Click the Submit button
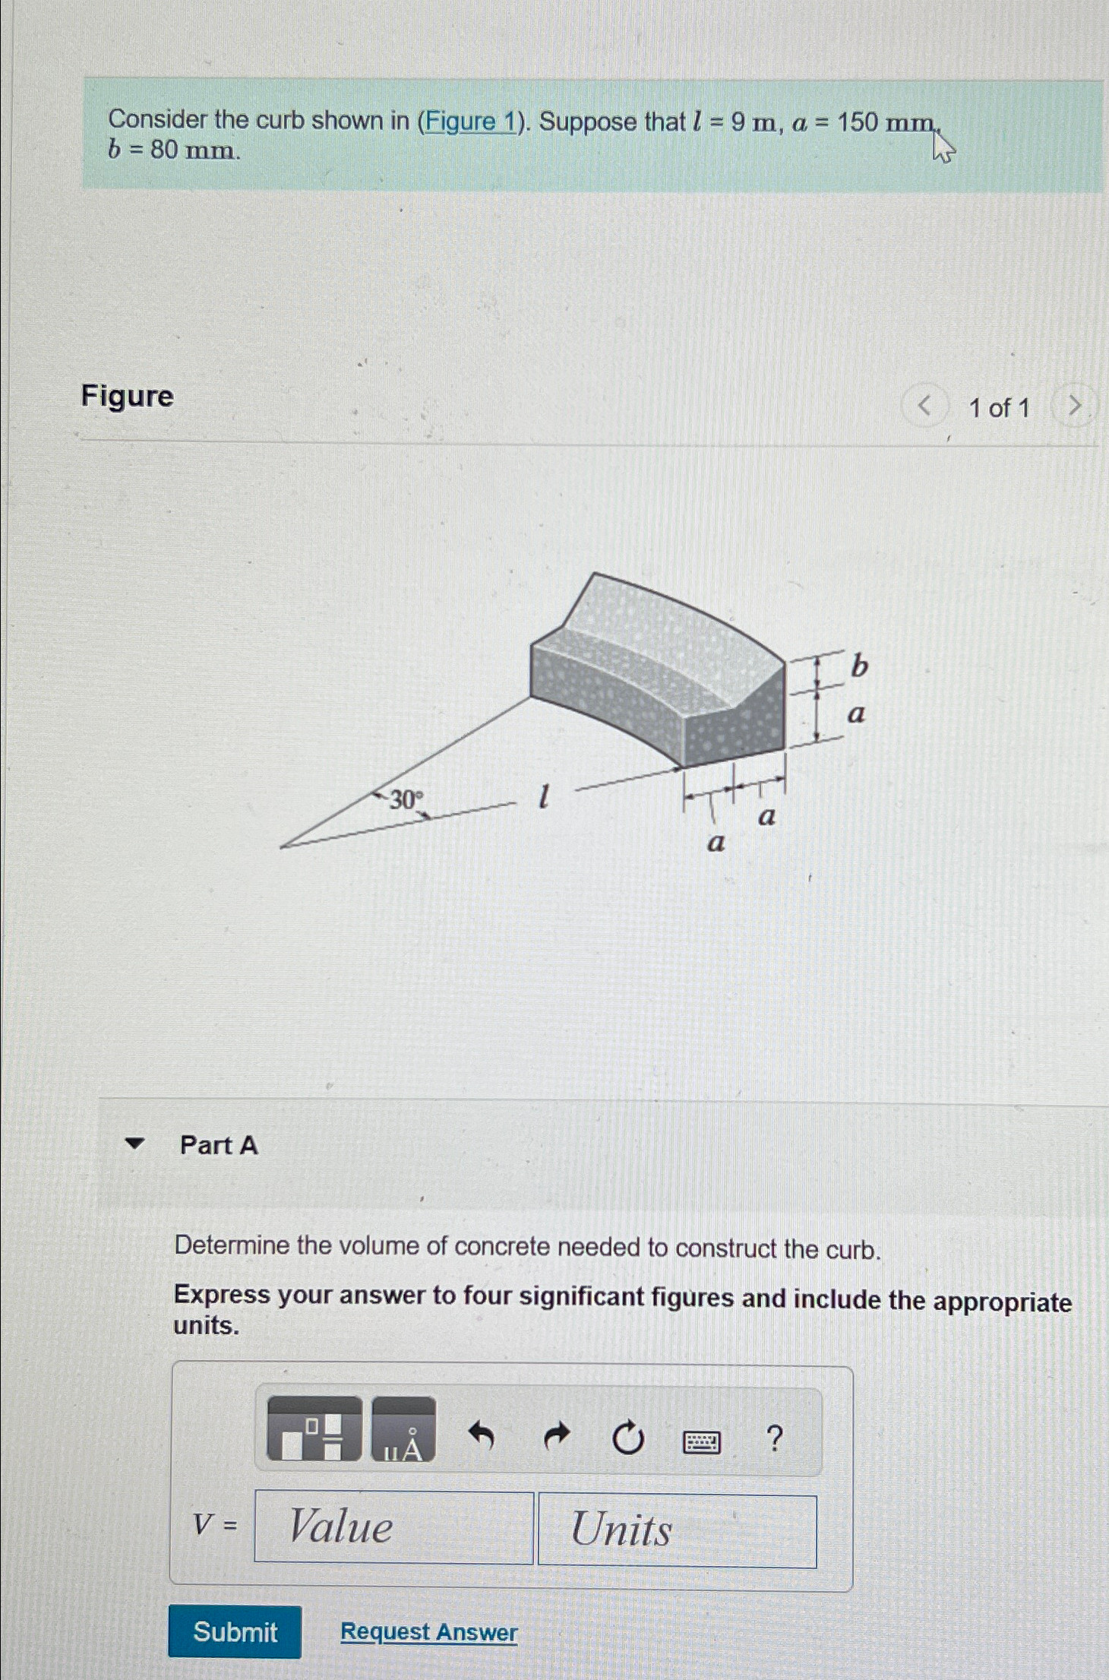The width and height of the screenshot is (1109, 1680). (235, 1631)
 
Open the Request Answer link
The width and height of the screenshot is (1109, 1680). (428, 1631)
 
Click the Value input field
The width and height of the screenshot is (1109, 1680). (393, 1527)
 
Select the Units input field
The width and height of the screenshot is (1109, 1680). (677, 1530)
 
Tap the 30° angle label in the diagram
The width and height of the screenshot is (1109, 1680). (406, 799)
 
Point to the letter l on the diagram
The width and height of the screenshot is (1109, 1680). (542, 797)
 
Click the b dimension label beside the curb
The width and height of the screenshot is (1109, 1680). (859, 666)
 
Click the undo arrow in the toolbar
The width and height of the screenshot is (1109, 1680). (482, 1435)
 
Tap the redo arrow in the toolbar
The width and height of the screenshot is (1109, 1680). (557, 1436)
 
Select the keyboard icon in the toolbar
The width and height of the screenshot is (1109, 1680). (702, 1441)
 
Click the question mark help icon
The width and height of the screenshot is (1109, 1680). (774, 1438)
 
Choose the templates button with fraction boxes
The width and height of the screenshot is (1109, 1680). (314, 1428)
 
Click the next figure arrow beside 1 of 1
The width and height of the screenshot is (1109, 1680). (1074, 407)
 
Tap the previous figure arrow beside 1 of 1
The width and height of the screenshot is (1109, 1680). (924, 407)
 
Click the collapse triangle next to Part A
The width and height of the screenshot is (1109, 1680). (134, 1144)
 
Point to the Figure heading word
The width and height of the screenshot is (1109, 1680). (128, 396)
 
